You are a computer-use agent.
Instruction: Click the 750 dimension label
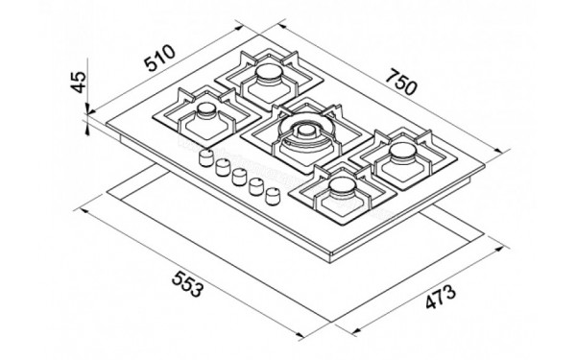(401, 84)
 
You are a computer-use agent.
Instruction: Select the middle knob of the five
(237, 176)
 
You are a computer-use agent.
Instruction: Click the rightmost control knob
(274, 195)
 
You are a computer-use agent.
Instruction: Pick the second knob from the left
(220, 167)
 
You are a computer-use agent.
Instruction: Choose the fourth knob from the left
(254, 185)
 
